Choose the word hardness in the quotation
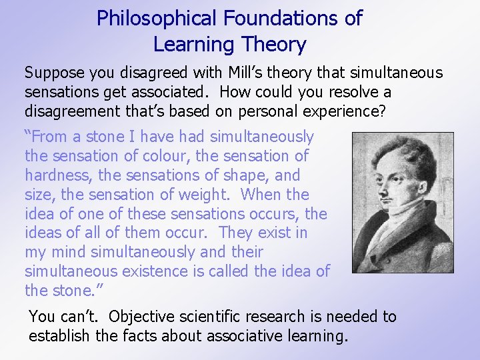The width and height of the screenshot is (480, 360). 55,175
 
